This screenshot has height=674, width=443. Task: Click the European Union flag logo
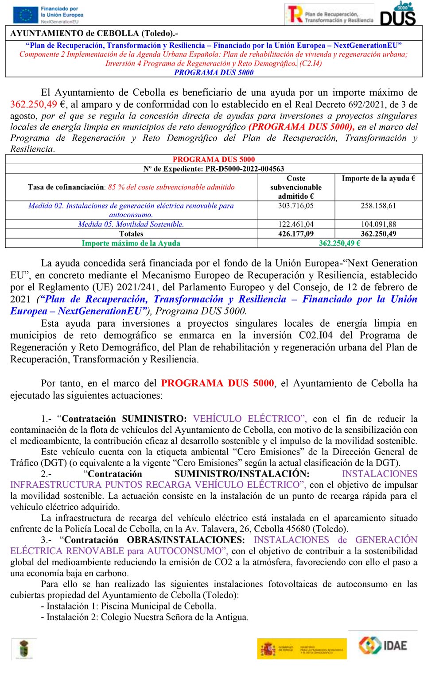(25, 15)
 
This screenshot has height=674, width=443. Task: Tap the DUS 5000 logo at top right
(398, 13)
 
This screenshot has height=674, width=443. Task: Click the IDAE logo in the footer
(382, 645)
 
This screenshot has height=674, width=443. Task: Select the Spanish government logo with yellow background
(302, 649)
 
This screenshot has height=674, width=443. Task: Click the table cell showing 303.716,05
(295, 206)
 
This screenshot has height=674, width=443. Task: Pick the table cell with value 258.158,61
(378, 206)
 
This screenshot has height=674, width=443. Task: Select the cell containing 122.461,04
(295, 224)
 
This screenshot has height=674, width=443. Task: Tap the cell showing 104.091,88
(378, 224)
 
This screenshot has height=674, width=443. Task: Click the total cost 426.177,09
(295, 234)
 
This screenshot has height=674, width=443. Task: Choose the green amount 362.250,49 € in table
(339, 243)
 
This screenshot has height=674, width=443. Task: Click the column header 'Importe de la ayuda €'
(378, 178)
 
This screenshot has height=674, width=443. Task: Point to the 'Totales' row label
(131, 234)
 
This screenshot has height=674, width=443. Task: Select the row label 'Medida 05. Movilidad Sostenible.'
(131, 224)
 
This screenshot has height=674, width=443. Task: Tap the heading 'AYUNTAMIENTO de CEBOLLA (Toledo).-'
(94, 33)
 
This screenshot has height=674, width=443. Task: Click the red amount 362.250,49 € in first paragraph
(38, 104)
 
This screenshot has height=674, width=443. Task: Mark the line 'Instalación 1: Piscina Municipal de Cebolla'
(131, 606)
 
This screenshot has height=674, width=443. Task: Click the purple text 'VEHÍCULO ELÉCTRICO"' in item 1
(250, 419)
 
